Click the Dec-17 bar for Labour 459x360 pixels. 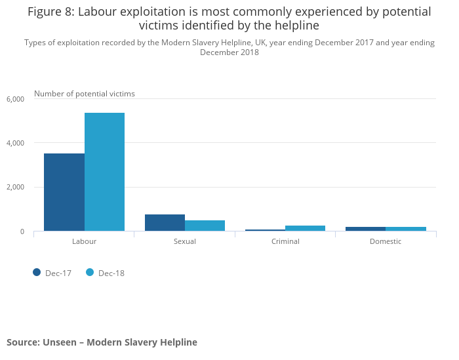point(64,192)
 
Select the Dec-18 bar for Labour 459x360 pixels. point(104,172)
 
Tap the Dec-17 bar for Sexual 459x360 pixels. point(165,223)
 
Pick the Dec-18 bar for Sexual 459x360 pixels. point(205,226)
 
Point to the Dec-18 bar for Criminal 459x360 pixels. point(305,228)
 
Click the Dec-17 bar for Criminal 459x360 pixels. point(265,230)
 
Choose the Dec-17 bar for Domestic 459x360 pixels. point(365,229)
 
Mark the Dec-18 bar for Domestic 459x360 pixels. point(405,229)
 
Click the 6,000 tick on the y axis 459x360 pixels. point(15,99)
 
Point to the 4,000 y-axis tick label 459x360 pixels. point(15,143)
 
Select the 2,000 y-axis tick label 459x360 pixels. point(15,188)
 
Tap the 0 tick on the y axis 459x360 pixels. point(21,231)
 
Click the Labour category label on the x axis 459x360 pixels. point(84,241)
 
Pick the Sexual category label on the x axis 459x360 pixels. point(185,241)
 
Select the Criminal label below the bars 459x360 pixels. point(285,241)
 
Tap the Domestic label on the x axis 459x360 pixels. point(386,241)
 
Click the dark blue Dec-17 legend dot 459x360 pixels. point(37,273)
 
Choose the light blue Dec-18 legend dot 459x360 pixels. point(90,273)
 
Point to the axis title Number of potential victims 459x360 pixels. point(85,94)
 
